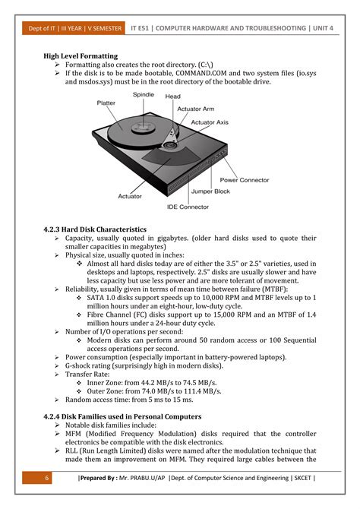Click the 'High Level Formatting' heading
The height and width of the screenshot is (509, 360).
[81, 56]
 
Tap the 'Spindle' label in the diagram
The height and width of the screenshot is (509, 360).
[144, 95]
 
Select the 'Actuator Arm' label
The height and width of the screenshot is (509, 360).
[195, 109]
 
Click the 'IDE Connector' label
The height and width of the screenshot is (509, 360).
[188, 207]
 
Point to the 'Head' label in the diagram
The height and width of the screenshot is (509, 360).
[172, 96]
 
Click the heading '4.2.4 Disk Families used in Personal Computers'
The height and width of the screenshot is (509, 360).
[122, 416]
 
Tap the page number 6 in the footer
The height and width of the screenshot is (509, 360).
[46, 478]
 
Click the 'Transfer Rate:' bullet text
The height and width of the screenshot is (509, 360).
[89, 374]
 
